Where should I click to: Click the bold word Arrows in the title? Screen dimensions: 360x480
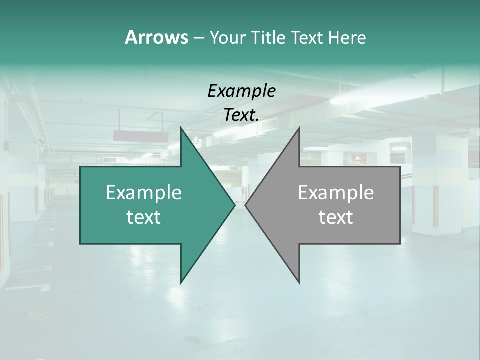(156, 37)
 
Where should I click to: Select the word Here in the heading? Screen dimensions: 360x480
(347, 38)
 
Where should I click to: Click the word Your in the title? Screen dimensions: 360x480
(226, 38)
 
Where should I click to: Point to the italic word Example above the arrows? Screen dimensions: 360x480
(241, 91)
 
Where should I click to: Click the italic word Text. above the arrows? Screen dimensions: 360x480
(241, 115)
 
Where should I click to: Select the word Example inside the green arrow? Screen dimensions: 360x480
(144, 192)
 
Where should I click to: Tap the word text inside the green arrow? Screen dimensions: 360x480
(144, 217)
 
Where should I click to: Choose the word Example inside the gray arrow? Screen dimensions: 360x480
(336, 192)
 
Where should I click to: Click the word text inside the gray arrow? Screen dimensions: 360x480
(336, 217)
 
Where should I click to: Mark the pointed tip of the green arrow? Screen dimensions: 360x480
(234, 205)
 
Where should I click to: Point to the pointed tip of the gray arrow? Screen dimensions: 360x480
(246, 205)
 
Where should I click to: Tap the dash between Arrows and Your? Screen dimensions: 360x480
(198, 38)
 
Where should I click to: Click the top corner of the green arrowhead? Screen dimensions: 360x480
(181, 128)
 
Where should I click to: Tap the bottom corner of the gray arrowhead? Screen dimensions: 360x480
(299, 283)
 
